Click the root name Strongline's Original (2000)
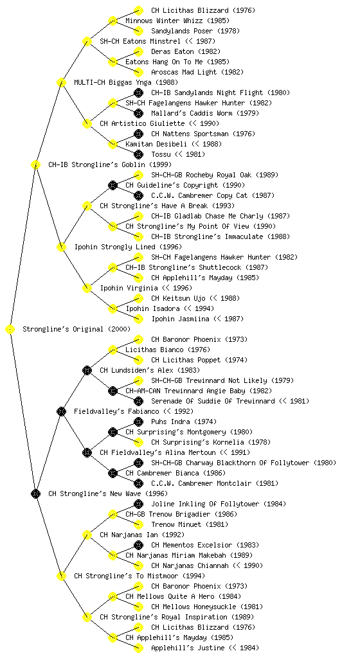click(x=76, y=329)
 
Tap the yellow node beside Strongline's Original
click(x=10, y=329)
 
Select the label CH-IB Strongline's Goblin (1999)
click(x=110, y=164)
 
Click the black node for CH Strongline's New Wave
click(x=35, y=493)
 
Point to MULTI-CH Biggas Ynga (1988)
click(x=126, y=82)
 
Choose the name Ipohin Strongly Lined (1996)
click(x=128, y=247)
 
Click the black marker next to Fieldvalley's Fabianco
click(x=61, y=411)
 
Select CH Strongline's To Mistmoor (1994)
click(x=139, y=576)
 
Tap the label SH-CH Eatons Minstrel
click(x=140, y=41)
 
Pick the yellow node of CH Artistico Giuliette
click(x=87, y=123)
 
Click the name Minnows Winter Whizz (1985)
click(x=177, y=21)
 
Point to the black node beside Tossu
click(x=138, y=154)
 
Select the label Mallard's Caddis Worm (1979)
click(x=205, y=113)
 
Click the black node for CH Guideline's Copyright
click(x=113, y=185)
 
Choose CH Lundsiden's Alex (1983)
click(x=150, y=370)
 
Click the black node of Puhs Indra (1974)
click(x=138, y=422)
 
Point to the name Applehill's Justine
click(x=188, y=648)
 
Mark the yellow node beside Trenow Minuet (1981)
click(x=138, y=524)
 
